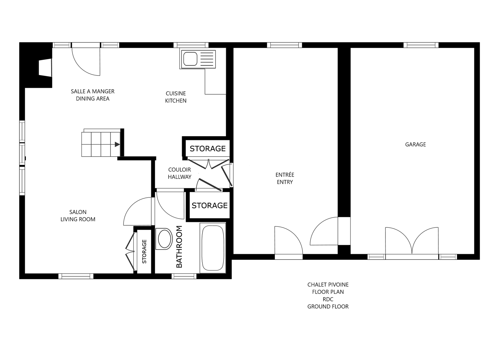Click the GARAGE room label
pos(415,144)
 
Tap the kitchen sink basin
pos(190,59)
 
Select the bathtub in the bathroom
pos(213,248)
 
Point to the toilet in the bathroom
pos(164,239)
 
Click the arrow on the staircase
pos(117,144)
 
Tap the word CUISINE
pos(176,93)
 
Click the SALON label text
pos(78,212)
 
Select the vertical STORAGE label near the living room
pos(144,251)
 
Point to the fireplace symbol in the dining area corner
pos(45,68)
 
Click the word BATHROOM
pos(179,247)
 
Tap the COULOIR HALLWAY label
pos(180,173)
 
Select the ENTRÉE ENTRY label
pos(285,178)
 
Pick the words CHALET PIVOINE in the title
pos(328,285)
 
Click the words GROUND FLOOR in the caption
pos(328,307)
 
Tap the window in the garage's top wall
pos(421,45)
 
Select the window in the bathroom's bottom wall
pos(184,276)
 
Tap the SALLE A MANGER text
pos(93,91)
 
